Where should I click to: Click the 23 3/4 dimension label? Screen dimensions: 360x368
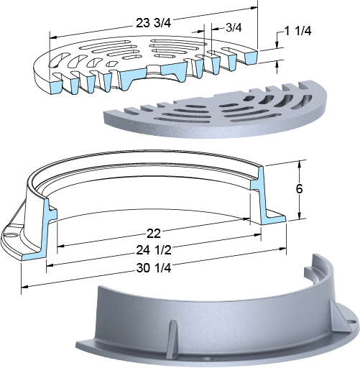(x=154, y=23)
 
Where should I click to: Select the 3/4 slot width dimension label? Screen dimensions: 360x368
(x=234, y=28)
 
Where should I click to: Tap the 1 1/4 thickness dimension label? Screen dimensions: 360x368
(x=297, y=31)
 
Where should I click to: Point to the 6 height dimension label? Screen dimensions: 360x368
(x=299, y=189)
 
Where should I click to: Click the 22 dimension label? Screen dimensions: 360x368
(x=154, y=234)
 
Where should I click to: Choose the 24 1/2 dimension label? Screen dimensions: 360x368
(x=154, y=250)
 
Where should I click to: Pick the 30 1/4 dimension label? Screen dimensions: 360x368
(x=154, y=268)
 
